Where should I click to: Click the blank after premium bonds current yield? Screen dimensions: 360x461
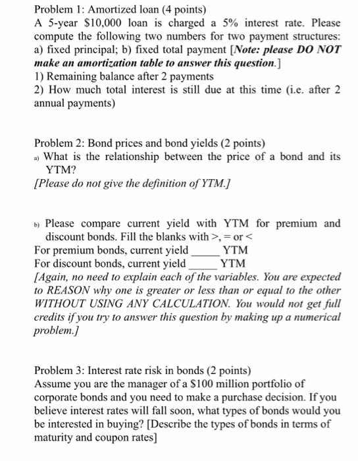click(x=203, y=251)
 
